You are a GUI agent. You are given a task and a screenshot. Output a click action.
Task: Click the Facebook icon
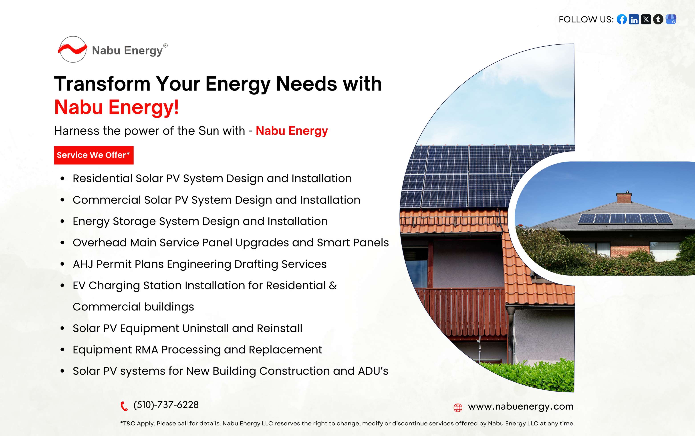click(x=622, y=19)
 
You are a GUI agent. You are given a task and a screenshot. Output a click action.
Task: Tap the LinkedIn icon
click(x=634, y=19)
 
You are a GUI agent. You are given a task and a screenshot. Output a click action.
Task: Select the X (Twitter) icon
click(x=646, y=19)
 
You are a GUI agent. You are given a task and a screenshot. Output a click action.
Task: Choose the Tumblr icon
click(x=658, y=19)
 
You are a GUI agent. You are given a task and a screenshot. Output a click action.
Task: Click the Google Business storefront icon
click(x=671, y=19)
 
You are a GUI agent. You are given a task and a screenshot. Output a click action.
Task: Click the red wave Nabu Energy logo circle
click(x=73, y=49)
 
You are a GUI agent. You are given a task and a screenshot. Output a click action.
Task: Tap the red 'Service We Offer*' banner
click(x=94, y=155)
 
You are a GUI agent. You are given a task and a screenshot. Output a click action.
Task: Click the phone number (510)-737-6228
click(x=166, y=405)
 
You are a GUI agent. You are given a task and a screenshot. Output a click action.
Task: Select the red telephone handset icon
click(x=124, y=406)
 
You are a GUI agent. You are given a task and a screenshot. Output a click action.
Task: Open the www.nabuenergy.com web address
click(x=520, y=407)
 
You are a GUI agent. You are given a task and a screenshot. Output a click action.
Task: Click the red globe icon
click(x=458, y=408)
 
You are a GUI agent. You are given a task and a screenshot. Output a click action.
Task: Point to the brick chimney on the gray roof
click(x=624, y=197)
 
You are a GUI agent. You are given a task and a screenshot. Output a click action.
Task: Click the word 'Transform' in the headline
click(x=102, y=84)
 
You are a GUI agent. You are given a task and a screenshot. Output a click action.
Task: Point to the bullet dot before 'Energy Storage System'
click(x=62, y=222)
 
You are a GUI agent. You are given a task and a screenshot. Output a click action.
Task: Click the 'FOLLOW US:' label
click(x=586, y=19)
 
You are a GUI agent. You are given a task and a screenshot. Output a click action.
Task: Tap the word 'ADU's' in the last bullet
click(x=373, y=371)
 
